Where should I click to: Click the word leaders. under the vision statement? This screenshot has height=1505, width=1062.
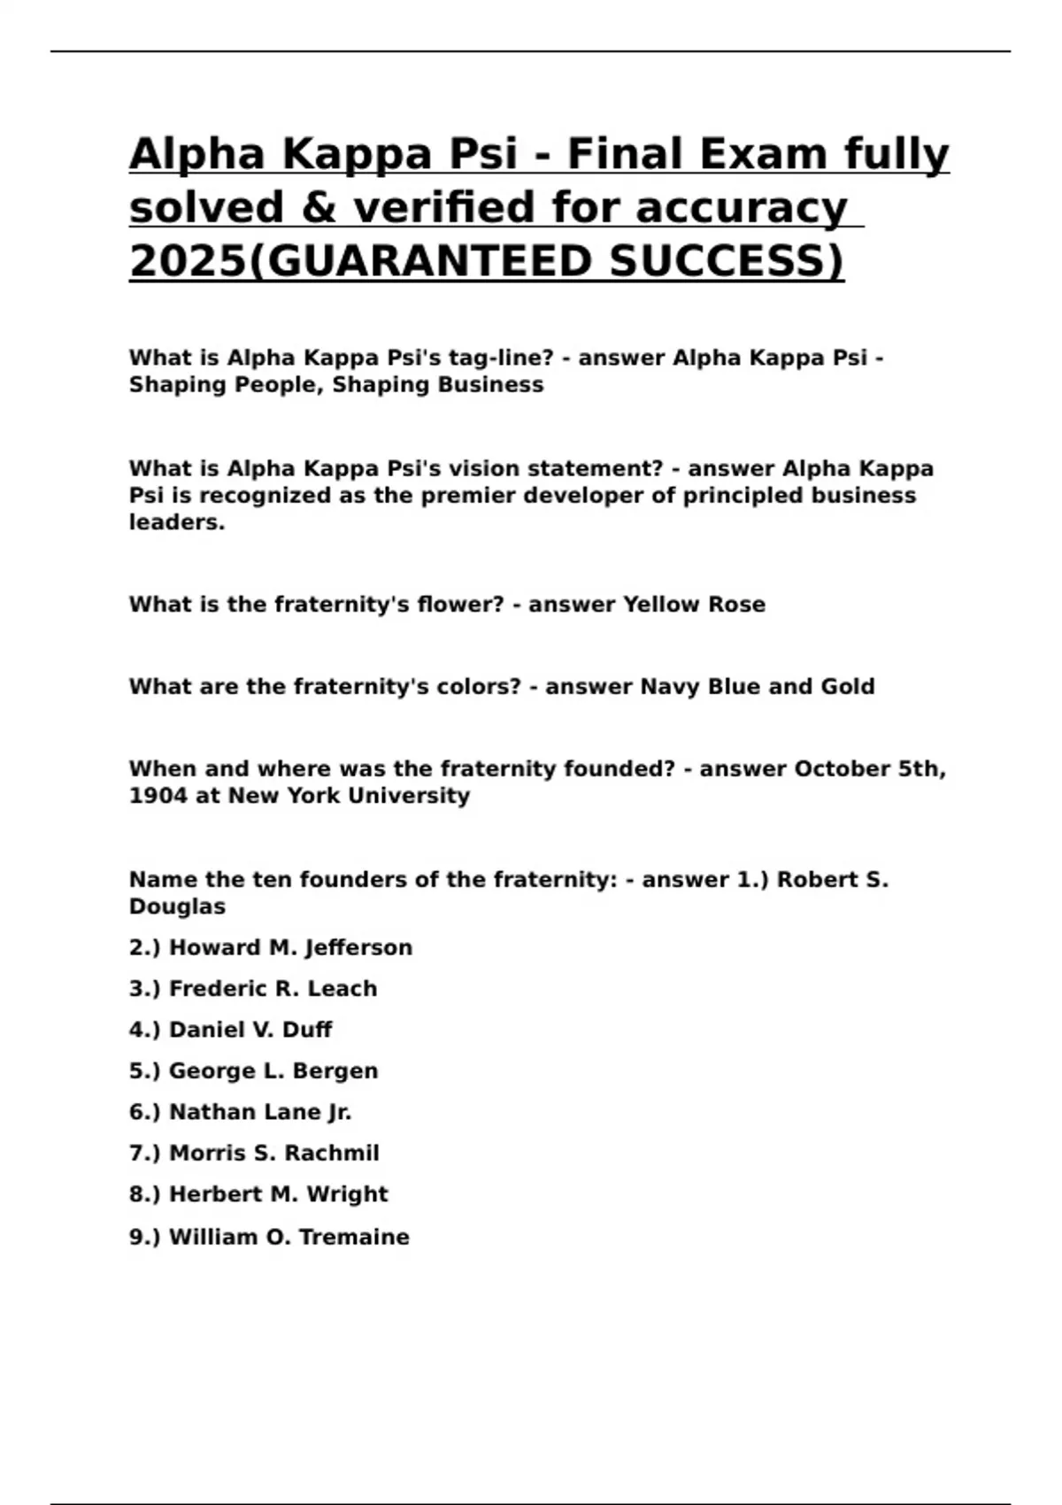coord(177,522)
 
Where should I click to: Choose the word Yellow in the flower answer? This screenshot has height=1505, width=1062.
coord(661,605)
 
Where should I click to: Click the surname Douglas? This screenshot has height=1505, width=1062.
coord(177,907)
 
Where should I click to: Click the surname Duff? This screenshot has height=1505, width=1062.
coord(307,1030)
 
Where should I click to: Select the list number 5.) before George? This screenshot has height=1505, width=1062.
coord(144,1071)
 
